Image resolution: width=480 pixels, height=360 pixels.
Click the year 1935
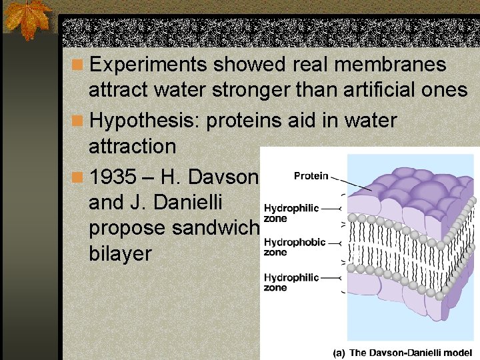[111, 177]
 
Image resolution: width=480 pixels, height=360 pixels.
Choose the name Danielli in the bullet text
[183, 202]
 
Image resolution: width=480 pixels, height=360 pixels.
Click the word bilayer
[119, 253]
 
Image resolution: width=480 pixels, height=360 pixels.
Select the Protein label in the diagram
[311, 176]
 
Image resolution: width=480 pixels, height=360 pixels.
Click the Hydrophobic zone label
[295, 247]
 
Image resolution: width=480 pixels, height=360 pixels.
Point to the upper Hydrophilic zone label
[291, 213]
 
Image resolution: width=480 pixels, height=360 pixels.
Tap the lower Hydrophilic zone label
[291, 282]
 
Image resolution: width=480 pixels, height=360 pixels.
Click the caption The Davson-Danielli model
[411, 352]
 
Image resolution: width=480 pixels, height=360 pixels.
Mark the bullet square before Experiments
[78, 65]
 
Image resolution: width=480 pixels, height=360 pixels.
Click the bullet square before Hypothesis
[78, 121]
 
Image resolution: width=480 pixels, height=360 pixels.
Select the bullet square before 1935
[78, 177]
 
